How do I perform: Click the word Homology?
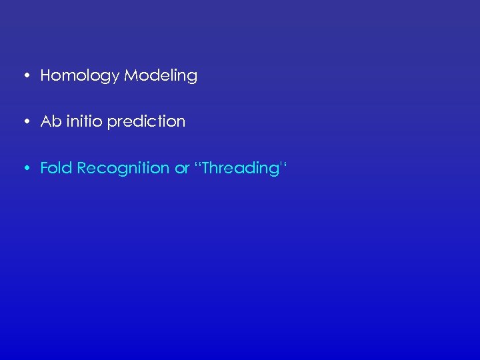pos(81,76)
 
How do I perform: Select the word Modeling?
pos(161,76)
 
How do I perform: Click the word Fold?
pos(57,168)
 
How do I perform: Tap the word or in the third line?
pos(182,169)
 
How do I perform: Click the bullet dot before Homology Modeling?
pos(25,76)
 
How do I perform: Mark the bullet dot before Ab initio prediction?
pos(25,122)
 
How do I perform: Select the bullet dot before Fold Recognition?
pos(25,169)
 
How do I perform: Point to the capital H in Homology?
pos(45,75)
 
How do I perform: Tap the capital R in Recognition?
pos(82,168)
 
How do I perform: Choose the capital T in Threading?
pos(206,168)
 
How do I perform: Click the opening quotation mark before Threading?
pos(197,164)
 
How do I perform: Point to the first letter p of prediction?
pos(111,123)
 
